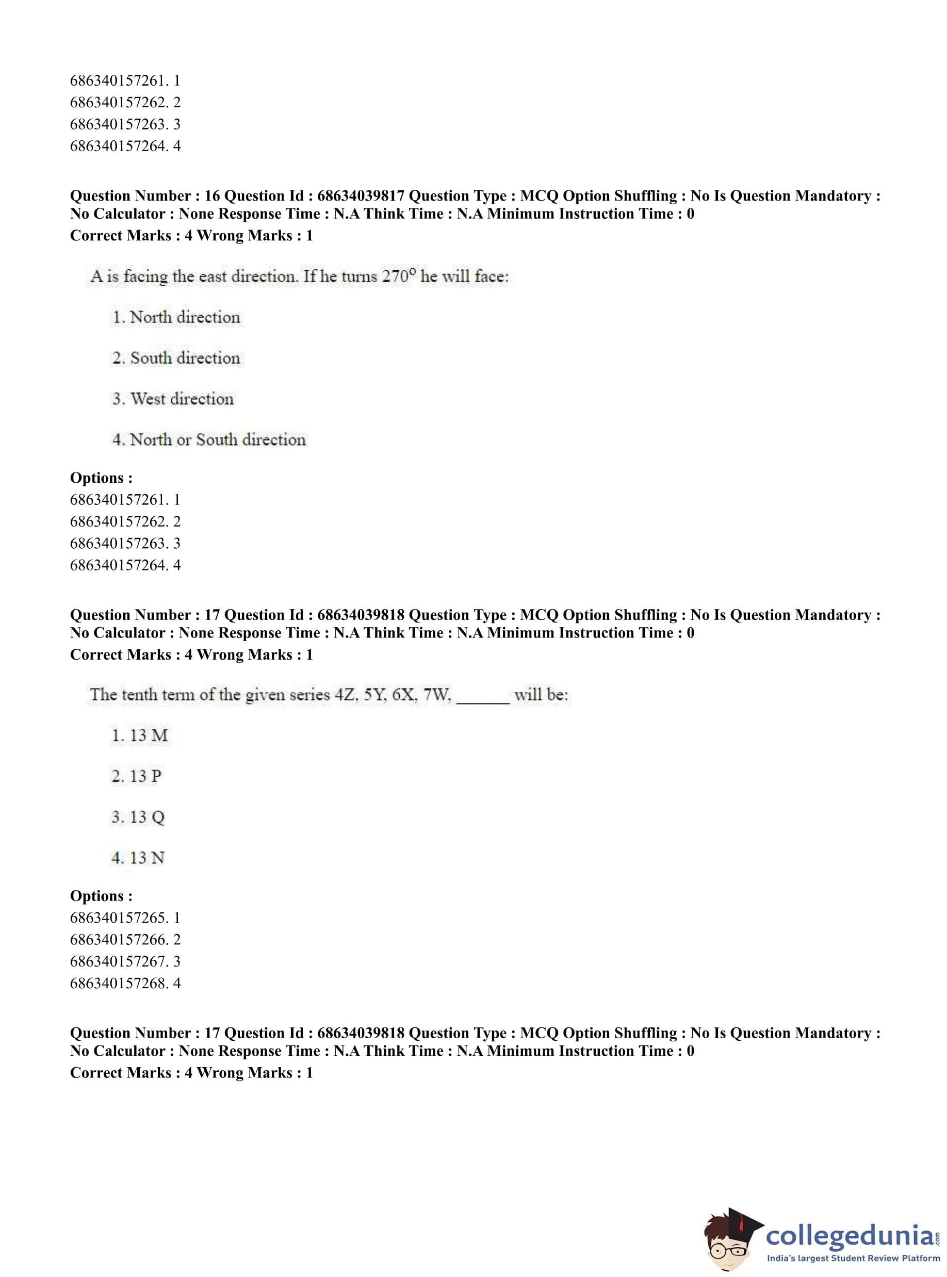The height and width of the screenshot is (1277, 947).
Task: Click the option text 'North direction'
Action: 185,317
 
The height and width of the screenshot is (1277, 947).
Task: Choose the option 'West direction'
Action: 182,398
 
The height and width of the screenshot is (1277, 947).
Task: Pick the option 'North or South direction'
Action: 218,439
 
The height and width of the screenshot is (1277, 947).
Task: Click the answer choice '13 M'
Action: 149,735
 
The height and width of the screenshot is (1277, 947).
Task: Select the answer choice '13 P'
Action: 145,776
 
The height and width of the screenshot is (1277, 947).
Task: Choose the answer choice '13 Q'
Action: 148,816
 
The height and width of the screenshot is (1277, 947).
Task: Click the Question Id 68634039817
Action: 361,196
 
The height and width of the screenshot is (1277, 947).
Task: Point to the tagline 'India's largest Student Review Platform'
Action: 853,1258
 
